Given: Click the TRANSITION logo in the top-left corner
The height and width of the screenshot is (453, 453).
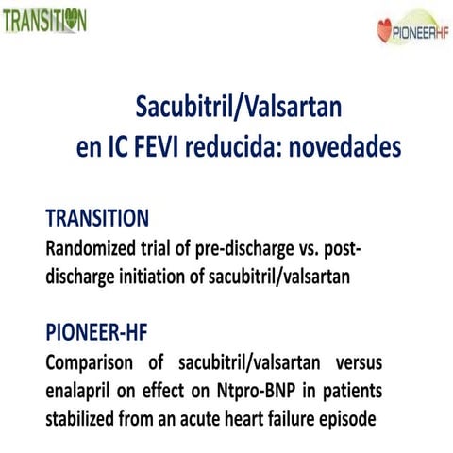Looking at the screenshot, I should pyautogui.click(x=44, y=21).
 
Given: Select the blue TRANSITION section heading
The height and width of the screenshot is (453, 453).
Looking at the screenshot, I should pyautogui.click(x=97, y=218).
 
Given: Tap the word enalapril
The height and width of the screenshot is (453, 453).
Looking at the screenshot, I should pyautogui.click(x=84, y=390).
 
